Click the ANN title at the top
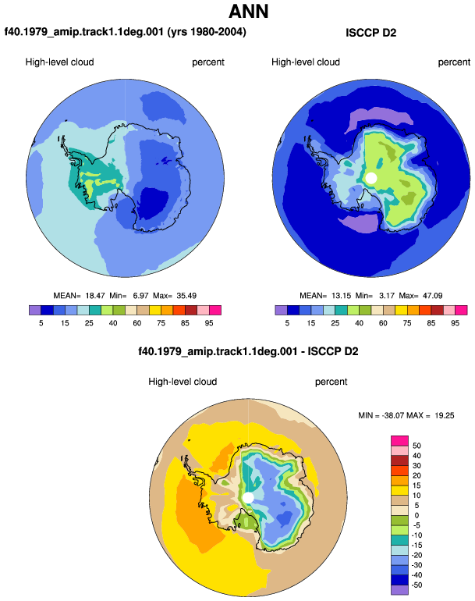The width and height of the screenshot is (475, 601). click(248, 11)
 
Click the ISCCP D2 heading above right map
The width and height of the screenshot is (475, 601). click(370, 33)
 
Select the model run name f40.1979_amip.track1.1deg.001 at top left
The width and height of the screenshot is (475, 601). click(84, 31)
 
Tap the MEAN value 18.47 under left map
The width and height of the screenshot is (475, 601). click(95, 296)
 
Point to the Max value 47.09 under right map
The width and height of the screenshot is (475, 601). click(432, 296)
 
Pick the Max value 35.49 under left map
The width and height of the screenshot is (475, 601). click(186, 296)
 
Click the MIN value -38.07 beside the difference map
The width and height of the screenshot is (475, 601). click(392, 415)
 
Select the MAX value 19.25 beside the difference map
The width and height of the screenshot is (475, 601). click(445, 415)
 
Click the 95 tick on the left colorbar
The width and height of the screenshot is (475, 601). click(209, 323)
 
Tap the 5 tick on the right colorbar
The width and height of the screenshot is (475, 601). click(287, 323)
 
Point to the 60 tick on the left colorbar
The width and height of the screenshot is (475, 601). click(136, 323)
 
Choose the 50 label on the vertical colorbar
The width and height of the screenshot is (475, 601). click(417, 446)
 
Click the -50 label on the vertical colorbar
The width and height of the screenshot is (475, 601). click(417, 585)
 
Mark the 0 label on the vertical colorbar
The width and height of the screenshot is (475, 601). click(417, 515)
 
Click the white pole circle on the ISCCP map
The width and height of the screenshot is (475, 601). click(370, 178)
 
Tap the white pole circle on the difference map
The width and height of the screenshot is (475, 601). click(248, 497)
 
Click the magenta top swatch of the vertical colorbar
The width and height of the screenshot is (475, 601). click(399, 440)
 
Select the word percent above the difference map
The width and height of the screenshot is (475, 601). click(331, 382)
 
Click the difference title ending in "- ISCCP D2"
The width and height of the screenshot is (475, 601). click(248, 351)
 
